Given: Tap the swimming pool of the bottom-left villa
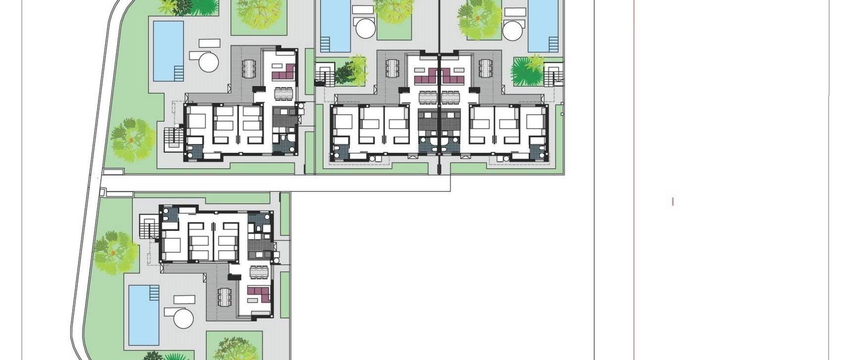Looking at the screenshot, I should [144, 314].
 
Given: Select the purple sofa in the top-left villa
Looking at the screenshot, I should [283, 72].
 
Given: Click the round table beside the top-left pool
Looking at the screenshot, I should [209, 61].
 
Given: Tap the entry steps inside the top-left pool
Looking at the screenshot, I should [178, 72].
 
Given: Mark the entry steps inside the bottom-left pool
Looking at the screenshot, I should [154, 291].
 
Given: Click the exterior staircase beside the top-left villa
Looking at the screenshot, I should [173, 138].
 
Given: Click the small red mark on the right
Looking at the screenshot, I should [673, 202].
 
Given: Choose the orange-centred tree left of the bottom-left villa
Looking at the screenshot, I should [113, 252].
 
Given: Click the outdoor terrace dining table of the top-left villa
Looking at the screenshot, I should [249, 68].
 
